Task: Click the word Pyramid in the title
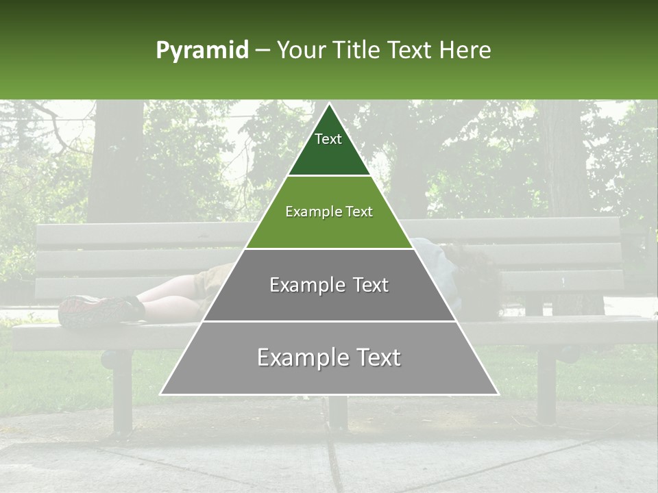202,51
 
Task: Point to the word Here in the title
465,51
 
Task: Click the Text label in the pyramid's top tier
328,139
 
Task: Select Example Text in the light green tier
329,212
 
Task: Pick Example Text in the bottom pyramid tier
329,357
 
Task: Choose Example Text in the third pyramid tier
329,285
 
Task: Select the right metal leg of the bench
546,383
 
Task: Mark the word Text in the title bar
411,51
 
